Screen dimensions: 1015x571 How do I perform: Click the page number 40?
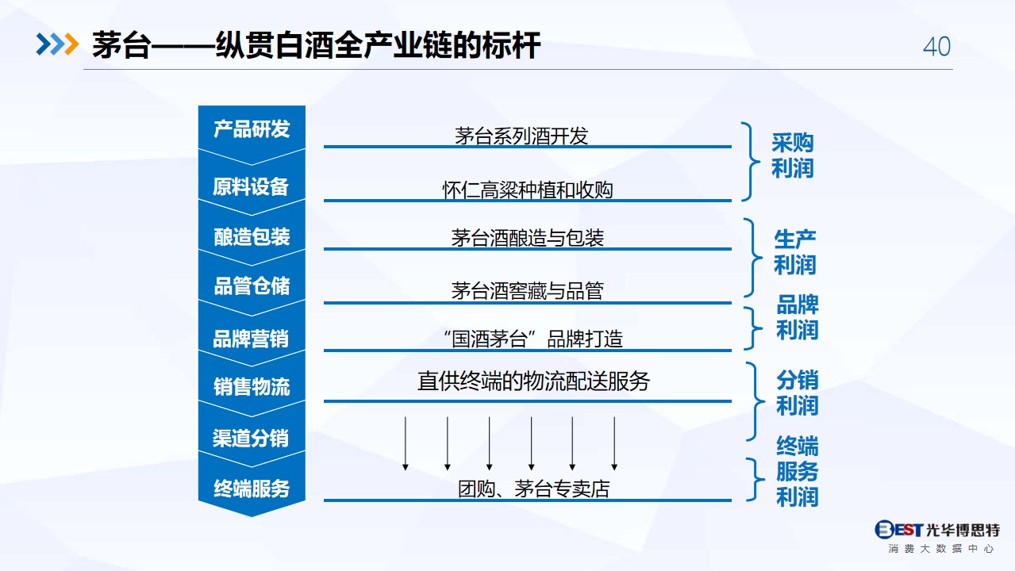(936, 47)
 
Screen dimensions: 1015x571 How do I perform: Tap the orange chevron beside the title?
(72, 44)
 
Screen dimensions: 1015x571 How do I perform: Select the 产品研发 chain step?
(252, 129)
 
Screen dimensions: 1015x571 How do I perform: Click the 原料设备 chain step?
(251, 186)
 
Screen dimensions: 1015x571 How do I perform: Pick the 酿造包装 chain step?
(252, 236)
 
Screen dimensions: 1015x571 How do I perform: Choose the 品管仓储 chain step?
(252, 286)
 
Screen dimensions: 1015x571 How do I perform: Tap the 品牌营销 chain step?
(251, 339)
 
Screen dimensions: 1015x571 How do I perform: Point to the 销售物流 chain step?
(252, 387)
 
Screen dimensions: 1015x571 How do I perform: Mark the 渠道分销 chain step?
(251, 438)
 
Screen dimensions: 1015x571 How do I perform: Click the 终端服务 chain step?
(252, 489)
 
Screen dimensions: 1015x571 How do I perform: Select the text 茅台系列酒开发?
(521, 136)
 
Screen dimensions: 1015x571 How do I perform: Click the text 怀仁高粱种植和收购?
(528, 190)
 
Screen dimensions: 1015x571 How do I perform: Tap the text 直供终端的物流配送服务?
(533, 381)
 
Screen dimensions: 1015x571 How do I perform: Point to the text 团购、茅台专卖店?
(534, 489)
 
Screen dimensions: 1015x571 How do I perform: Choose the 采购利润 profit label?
(793, 155)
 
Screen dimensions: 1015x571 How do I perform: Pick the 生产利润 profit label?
(795, 251)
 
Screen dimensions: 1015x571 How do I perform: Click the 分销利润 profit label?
(797, 393)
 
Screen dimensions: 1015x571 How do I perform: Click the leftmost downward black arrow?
(406, 443)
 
